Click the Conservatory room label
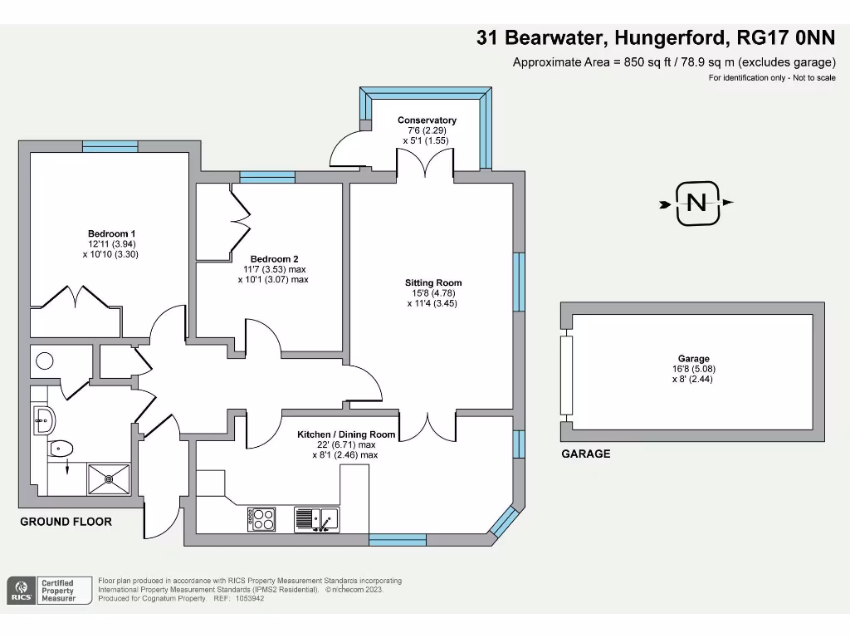pos(427,120)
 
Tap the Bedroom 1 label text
pos(111,233)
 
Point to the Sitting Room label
pos(432,282)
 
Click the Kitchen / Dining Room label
pos(346,434)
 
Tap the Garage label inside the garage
pos(693,359)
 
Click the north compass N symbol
pos(696,203)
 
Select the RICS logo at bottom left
pos(21,591)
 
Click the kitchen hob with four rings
pos(262,519)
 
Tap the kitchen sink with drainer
pos(316,519)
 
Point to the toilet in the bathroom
pos(61,449)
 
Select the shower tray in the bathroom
pos(108,479)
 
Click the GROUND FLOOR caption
pos(66,522)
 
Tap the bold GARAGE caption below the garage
pos(585,454)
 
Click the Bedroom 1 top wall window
pos(110,147)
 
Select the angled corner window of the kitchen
pos(503,522)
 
